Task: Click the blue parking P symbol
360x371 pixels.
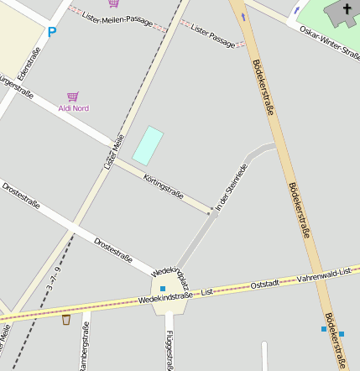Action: pyautogui.click(x=51, y=33)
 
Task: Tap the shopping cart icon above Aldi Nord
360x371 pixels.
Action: pyautogui.click(x=73, y=97)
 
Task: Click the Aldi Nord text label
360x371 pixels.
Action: pyautogui.click(x=74, y=108)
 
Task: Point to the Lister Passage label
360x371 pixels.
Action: pyautogui.click(x=213, y=36)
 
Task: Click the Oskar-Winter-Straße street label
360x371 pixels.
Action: pyautogui.click(x=329, y=42)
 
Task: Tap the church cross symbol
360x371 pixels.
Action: pyautogui.click(x=347, y=10)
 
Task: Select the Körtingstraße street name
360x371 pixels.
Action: pyautogui.click(x=164, y=186)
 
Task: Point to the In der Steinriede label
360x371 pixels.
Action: pyautogui.click(x=232, y=186)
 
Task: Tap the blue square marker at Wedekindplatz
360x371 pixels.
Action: pyautogui.click(x=163, y=289)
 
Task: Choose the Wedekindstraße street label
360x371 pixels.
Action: pyautogui.click(x=165, y=296)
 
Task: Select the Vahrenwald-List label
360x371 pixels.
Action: pyautogui.click(x=325, y=278)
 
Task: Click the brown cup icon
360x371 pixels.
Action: pyautogui.click(x=66, y=319)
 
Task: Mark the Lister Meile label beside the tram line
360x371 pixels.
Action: pyautogui.click(x=114, y=152)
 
